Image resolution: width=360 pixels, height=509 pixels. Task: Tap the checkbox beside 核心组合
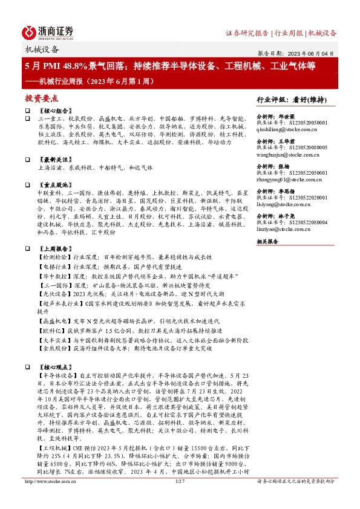27,112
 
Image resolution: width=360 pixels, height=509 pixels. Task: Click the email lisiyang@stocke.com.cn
285,206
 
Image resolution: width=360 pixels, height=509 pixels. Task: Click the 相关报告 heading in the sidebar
267,241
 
